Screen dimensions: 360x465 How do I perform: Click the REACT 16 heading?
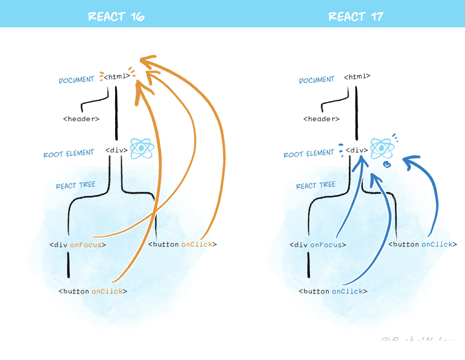pos(116,16)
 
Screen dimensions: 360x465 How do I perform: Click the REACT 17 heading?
pos(356,16)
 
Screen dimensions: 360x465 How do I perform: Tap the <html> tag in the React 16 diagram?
pos(117,76)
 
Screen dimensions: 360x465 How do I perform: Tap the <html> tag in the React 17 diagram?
pos(357,76)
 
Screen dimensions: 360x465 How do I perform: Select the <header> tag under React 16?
pos(81,119)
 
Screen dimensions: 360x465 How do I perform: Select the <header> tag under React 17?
pos(322,119)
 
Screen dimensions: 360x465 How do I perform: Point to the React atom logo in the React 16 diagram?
pos(141,148)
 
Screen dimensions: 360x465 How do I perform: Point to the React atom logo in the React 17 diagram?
pos(381,148)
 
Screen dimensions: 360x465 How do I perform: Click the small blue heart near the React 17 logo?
pos(387,164)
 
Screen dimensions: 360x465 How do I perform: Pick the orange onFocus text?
pos(86,245)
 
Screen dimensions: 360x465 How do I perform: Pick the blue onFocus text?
pos(326,245)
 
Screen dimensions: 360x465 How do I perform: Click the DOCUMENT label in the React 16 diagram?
pos(76,80)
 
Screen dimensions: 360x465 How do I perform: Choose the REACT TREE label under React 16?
pos(75,186)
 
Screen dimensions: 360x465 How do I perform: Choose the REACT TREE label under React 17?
pos(316,186)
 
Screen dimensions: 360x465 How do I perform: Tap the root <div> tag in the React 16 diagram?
pos(117,150)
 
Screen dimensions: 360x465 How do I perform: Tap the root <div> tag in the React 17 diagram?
pos(357,150)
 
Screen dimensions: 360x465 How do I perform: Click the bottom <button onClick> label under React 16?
pos(93,291)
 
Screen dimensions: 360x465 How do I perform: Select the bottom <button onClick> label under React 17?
pos(333,291)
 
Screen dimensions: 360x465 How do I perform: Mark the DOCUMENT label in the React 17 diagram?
pos(317,80)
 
